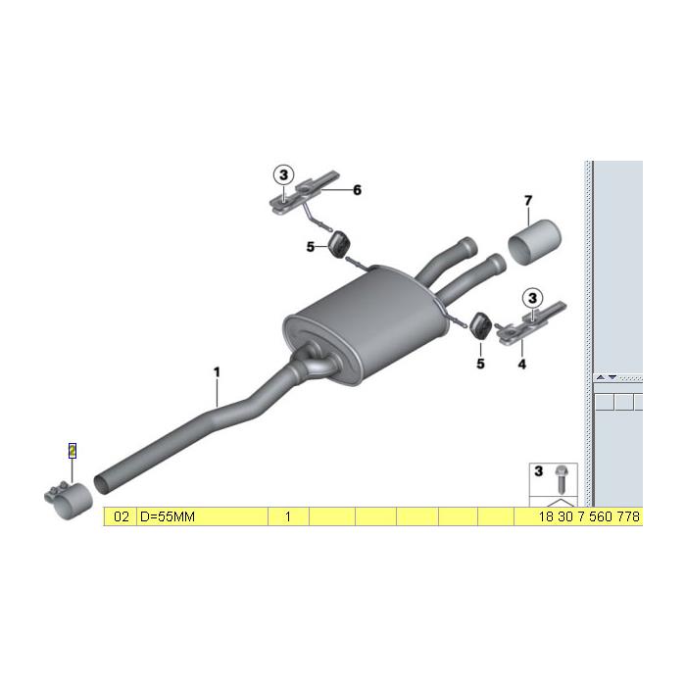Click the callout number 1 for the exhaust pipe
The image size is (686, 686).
(x=217, y=371)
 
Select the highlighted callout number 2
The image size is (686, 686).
(x=72, y=450)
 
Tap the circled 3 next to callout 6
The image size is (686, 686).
(x=283, y=174)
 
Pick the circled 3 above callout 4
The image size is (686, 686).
(x=532, y=296)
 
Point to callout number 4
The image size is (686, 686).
(x=521, y=364)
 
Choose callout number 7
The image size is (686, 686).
(x=527, y=201)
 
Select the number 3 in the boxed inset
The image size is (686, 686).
(x=538, y=471)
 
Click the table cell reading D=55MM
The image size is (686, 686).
(x=201, y=515)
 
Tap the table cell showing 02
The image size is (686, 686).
(x=121, y=515)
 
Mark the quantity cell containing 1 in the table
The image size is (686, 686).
(x=288, y=515)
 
